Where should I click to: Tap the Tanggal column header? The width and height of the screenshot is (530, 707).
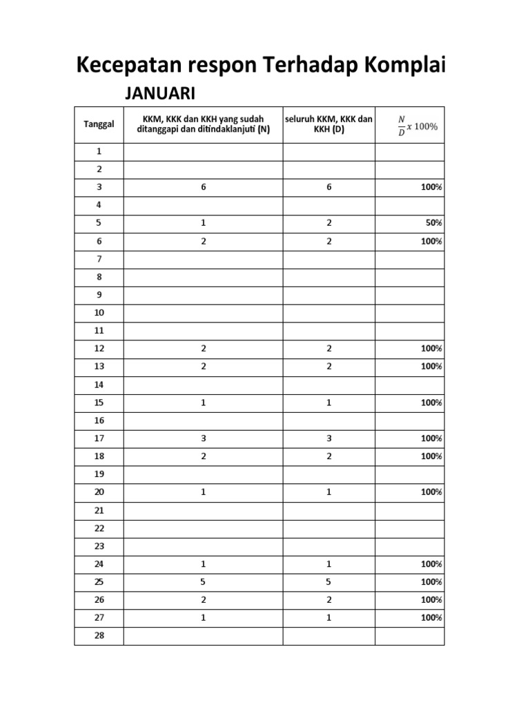click(x=99, y=124)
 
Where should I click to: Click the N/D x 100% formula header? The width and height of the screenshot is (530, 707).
click(x=418, y=125)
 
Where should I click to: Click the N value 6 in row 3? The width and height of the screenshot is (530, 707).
click(x=204, y=187)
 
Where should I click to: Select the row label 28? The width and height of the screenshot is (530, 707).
click(x=99, y=636)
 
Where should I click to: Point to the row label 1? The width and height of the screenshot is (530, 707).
click(x=99, y=151)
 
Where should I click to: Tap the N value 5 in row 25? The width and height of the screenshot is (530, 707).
click(x=204, y=582)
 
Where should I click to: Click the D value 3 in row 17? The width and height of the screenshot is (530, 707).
click(x=329, y=438)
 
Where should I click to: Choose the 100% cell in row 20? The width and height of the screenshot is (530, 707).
click(x=432, y=492)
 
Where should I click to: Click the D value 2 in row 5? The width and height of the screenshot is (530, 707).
click(x=329, y=223)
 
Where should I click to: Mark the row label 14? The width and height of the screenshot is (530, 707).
click(x=99, y=385)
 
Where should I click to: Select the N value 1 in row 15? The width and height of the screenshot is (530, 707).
click(x=204, y=403)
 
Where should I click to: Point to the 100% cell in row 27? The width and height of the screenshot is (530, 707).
click(x=432, y=618)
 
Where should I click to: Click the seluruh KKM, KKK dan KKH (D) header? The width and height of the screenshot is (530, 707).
click(x=329, y=124)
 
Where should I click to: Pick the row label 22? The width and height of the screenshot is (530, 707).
click(x=99, y=528)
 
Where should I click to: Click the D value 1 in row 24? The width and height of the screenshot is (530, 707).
click(x=329, y=564)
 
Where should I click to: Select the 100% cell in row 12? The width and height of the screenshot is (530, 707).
click(x=432, y=349)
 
